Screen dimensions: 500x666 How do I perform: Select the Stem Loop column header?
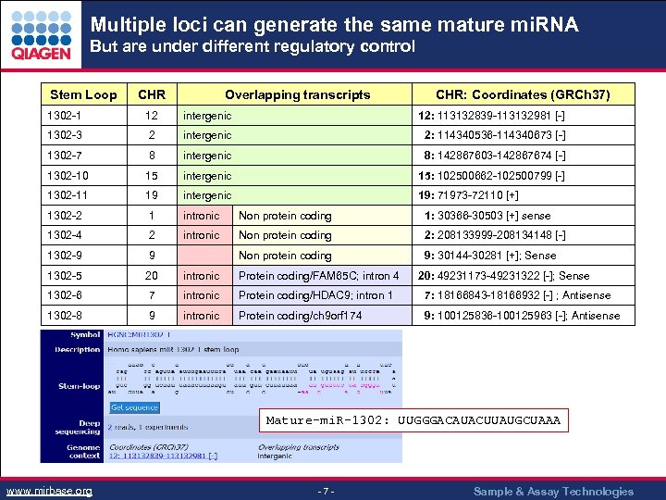pyautogui.click(x=83, y=94)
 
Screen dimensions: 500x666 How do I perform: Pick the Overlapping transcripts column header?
pyautogui.click(x=297, y=94)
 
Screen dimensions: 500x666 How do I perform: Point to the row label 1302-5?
pyautogui.click(x=65, y=276)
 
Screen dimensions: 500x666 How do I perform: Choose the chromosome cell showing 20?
pyautogui.click(x=152, y=276)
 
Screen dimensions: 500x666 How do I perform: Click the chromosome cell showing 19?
pyautogui.click(x=152, y=195)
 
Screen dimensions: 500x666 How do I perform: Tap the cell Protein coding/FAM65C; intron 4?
pyautogui.click(x=319, y=276)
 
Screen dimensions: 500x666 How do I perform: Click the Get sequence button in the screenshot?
pyautogui.click(x=135, y=407)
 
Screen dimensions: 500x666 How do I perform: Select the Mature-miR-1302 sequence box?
pyautogui.click(x=413, y=420)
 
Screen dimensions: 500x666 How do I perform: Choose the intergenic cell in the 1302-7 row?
pyautogui.click(x=207, y=156)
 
